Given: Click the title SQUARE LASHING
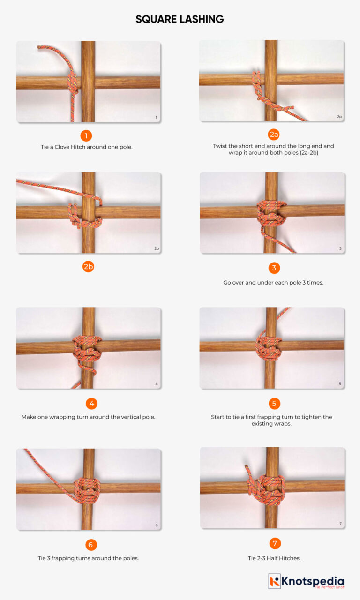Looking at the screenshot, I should [x=180, y=19].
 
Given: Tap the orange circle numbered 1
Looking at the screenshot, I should [x=86, y=136].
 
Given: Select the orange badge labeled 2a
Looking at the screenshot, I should [x=274, y=135].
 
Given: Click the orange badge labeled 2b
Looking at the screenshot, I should [x=88, y=267].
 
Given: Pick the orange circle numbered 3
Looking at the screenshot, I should [x=274, y=268].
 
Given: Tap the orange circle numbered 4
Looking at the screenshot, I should [x=91, y=403].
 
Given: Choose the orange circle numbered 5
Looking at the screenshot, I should [x=274, y=403].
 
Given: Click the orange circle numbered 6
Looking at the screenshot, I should [x=90, y=544].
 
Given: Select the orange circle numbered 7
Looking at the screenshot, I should [x=275, y=544].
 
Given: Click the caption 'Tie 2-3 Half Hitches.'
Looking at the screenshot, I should [x=274, y=558].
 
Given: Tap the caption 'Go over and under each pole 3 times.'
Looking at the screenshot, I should [x=273, y=283].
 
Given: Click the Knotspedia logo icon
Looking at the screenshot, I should [x=275, y=581].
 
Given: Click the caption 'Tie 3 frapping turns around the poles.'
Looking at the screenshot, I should [x=88, y=558].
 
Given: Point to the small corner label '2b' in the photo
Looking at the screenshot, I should [x=157, y=248].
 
